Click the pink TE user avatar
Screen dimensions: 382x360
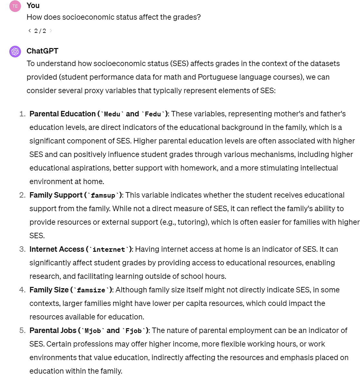tap(15, 6)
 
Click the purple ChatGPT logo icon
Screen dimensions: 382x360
tap(15, 52)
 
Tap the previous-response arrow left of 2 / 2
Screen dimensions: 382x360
tap(30, 31)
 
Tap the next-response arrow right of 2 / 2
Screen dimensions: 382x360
tap(51, 31)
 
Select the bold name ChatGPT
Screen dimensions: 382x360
tap(43, 51)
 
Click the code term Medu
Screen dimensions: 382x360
tap(112, 114)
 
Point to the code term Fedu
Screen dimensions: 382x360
tap(153, 114)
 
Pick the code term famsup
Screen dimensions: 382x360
tap(103, 195)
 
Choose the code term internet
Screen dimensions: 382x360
tap(109, 250)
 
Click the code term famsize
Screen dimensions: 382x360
tap(91, 290)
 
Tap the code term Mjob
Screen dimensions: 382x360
tap(93, 331)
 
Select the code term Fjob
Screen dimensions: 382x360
tap(134, 331)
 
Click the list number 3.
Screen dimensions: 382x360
tap(22, 249)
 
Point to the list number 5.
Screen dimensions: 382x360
tap(22, 330)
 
